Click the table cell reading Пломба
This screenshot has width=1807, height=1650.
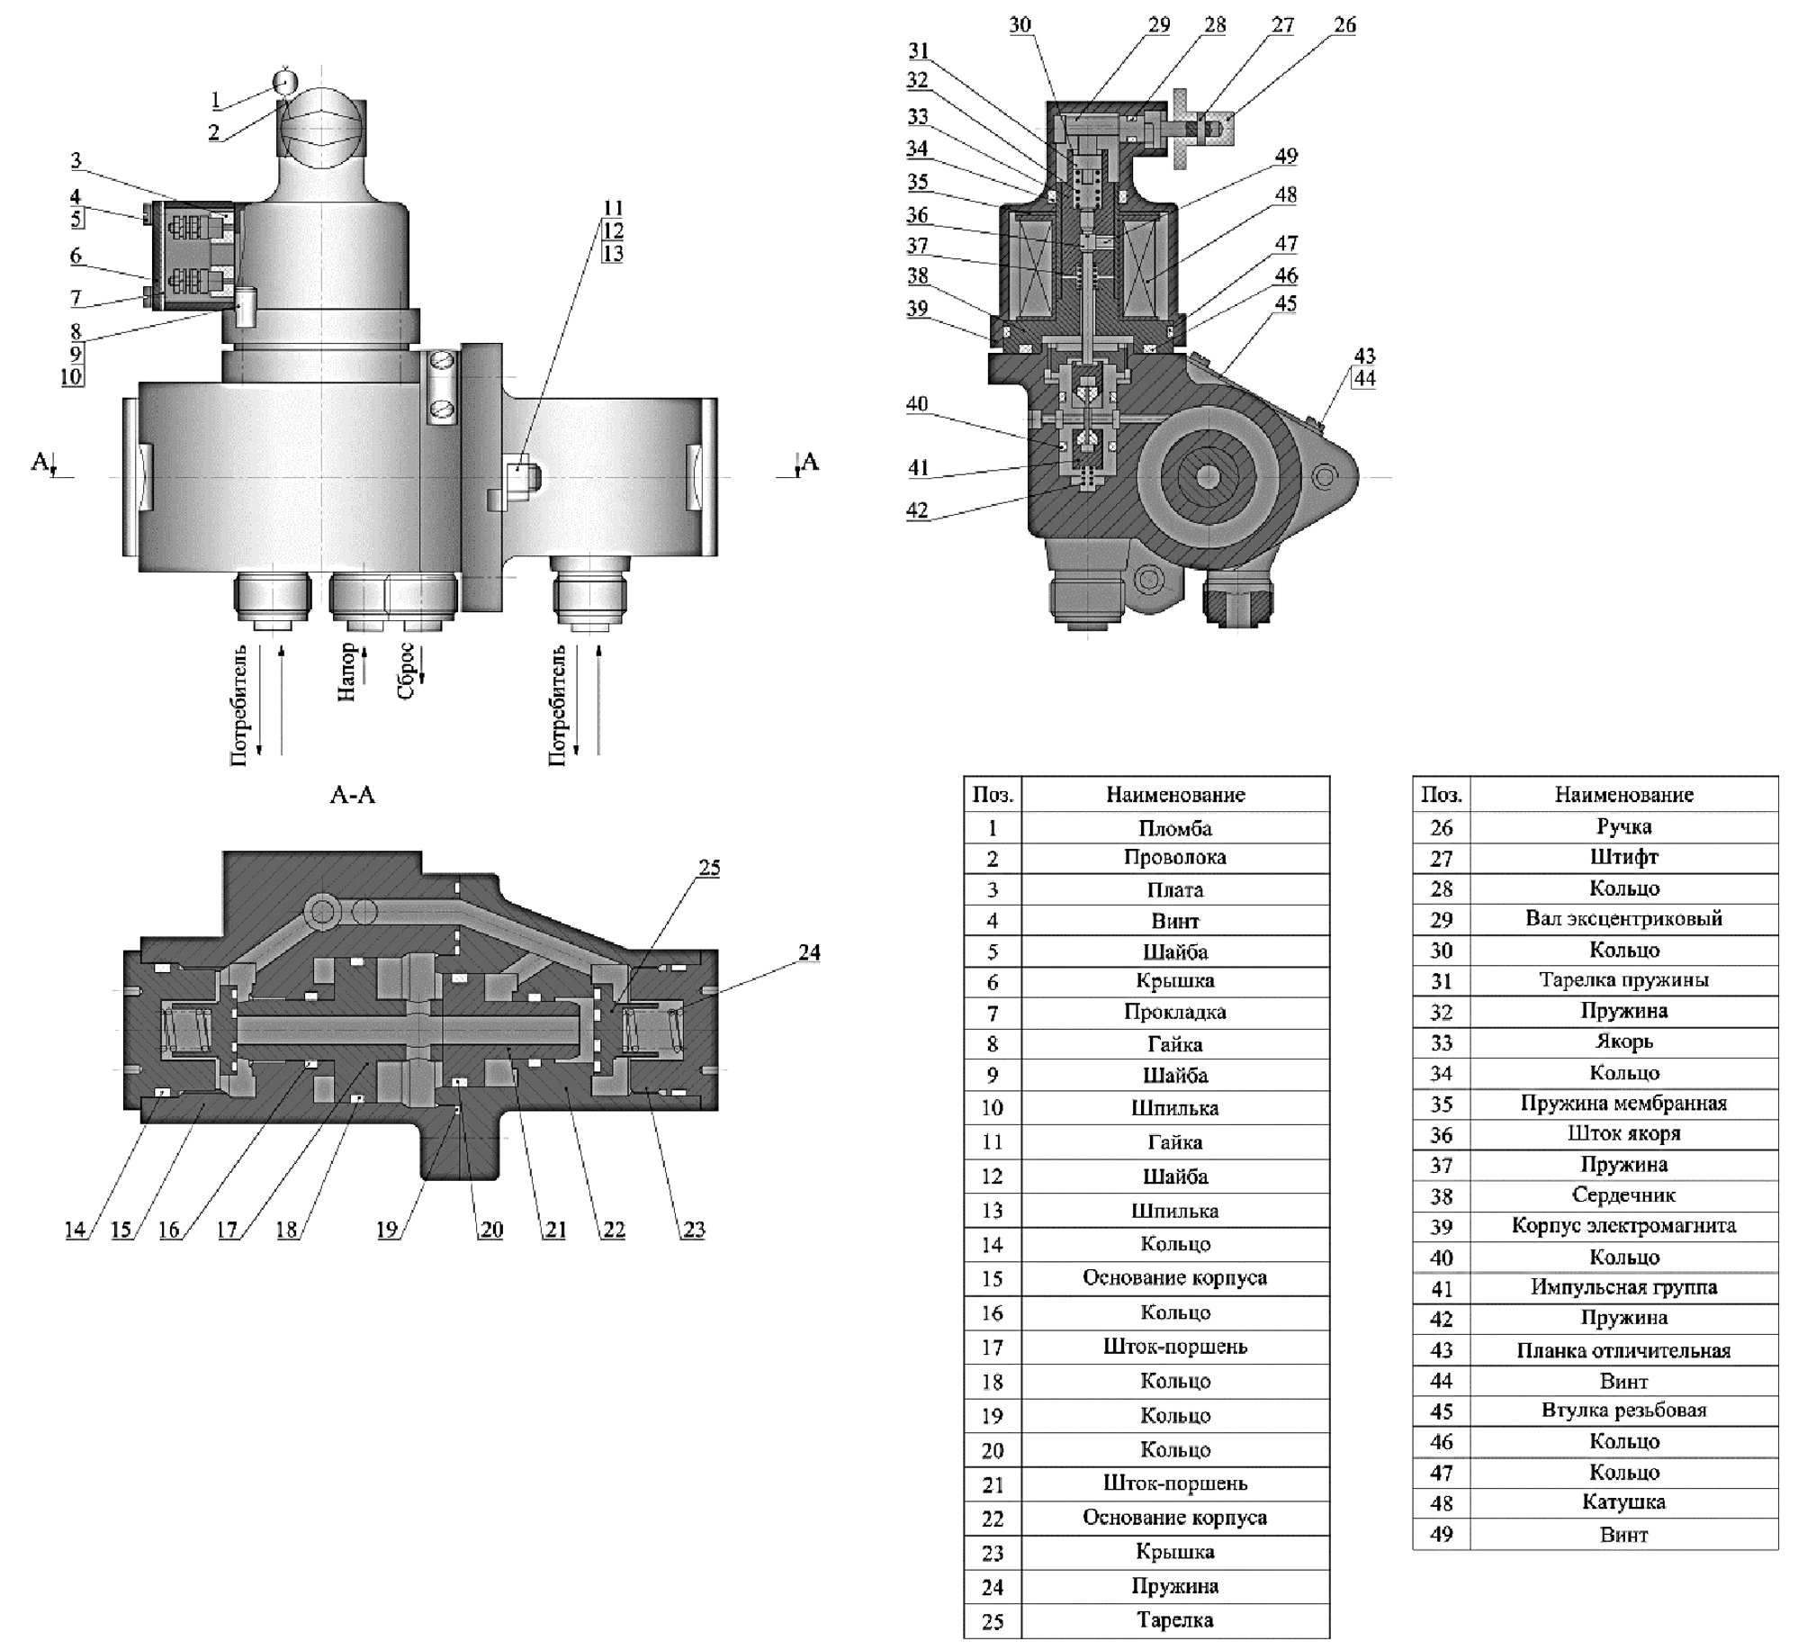point(1174,828)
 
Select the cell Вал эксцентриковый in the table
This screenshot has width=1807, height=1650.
point(1623,919)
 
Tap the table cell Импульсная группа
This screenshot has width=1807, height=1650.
point(1623,1287)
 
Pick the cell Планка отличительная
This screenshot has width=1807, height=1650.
point(1623,1350)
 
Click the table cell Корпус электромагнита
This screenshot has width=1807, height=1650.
point(1623,1226)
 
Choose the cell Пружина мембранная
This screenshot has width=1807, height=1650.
point(1623,1104)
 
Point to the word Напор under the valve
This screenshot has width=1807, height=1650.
point(347,672)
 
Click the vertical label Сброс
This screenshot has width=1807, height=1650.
point(405,672)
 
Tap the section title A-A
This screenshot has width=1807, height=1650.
point(353,795)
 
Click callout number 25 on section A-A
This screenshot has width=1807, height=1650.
point(709,868)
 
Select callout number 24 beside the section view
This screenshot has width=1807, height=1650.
point(809,952)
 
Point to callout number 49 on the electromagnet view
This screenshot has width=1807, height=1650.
point(1286,157)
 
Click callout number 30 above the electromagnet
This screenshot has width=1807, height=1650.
point(1020,25)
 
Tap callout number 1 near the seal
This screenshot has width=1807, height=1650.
point(215,100)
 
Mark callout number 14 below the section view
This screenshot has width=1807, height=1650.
point(75,1230)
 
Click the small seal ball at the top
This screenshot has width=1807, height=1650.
point(285,82)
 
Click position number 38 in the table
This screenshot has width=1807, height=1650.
point(1441,1196)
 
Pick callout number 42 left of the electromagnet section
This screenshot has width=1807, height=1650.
point(917,510)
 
